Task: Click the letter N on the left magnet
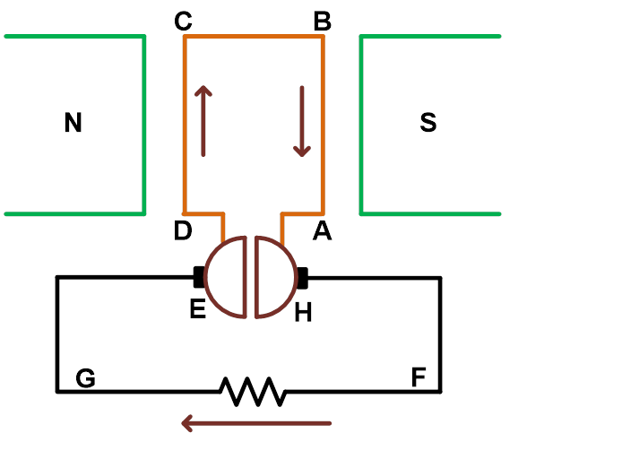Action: (x=73, y=123)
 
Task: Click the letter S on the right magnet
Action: (x=428, y=123)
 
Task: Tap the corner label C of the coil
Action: (x=184, y=22)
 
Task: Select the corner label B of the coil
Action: (x=322, y=22)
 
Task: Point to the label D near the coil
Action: (x=183, y=231)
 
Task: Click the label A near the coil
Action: (x=322, y=231)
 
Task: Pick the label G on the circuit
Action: (x=86, y=378)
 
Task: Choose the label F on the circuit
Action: (x=419, y=378)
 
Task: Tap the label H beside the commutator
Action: (x=303, y=313)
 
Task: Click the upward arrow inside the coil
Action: (x=203, y=120)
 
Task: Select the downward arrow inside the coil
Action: (x=302, y=120)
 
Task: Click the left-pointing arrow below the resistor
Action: (x=256, y=422)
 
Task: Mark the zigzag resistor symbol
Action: (x=253, y=392)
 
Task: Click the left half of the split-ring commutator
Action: (x=227, y=277)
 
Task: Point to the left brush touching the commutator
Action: (x=198, y=277)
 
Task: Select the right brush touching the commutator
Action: (x=303, y=277)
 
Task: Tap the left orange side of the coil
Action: (x=185, y=126)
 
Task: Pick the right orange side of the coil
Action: (x=323, y=126)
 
